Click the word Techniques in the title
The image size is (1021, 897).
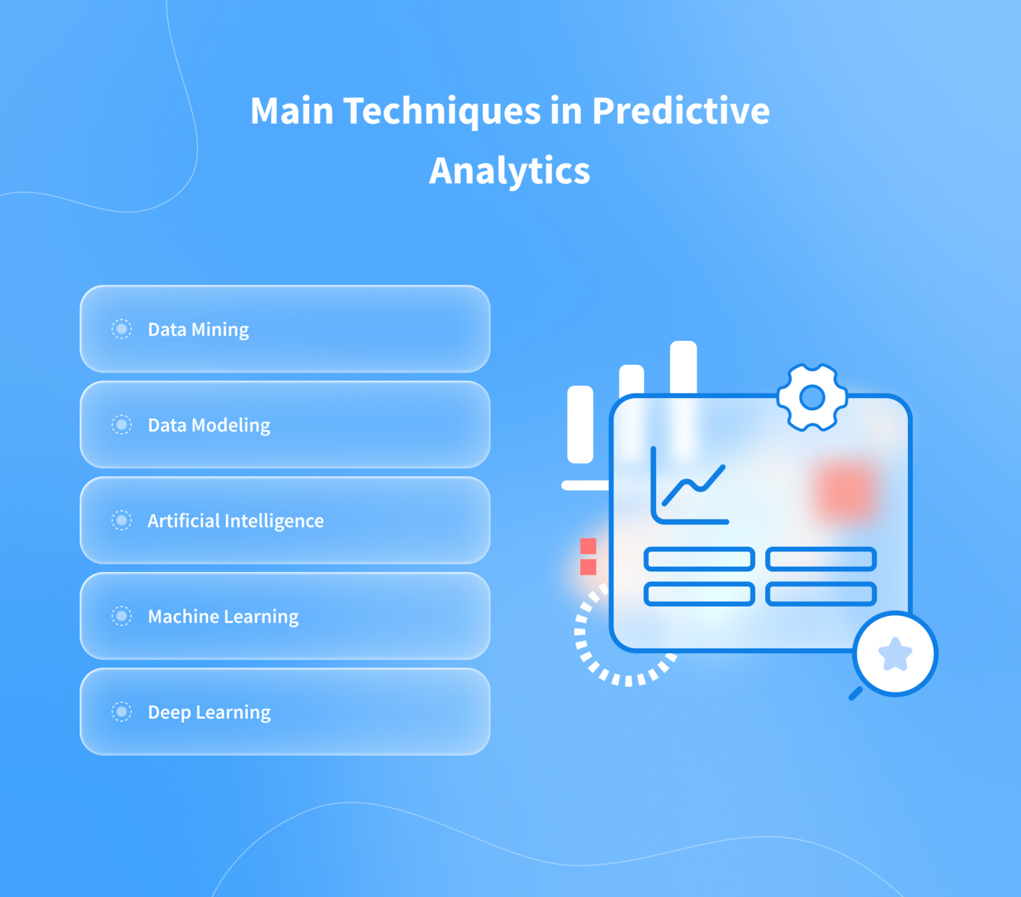[x=442, y=111]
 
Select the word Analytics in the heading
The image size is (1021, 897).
[x=510, y=171]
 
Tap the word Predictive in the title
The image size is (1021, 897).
[x=681, y=111]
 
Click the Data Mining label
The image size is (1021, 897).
[x=198, y=330]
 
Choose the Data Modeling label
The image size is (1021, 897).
[x=209, y=425]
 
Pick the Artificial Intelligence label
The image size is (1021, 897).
[x=235, y=521]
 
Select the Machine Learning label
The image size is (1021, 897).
[x=223, y=617]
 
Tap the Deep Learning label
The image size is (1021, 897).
[x=209, y=712]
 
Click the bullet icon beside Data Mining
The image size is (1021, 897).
[x=122, y=329]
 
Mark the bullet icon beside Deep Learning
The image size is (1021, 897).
[x=122, y=712]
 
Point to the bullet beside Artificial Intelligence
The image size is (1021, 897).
[x=122, y=520]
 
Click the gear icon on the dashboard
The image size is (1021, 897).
[x=812, y=397]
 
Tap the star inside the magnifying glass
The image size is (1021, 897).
[x=895, y=654]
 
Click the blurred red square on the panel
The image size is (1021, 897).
[x=845, y=491]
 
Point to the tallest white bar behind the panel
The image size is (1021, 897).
[x=683, y=365]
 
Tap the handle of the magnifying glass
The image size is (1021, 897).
[x=855, y=694]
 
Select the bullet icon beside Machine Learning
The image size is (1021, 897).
[x=122, y=616]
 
